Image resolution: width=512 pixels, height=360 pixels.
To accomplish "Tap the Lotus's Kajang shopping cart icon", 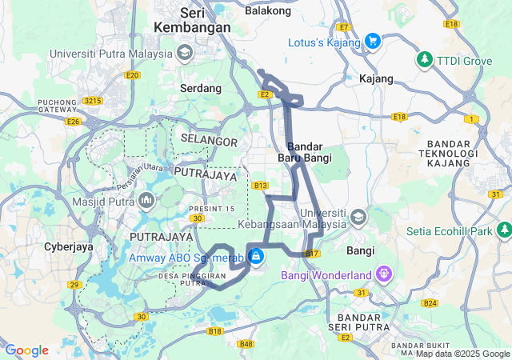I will click(x=372, y=41).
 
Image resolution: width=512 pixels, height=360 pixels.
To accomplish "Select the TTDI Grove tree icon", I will click(x=424, y=59).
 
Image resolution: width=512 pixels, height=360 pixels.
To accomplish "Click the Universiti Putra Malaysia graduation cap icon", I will click(x=186, y=54).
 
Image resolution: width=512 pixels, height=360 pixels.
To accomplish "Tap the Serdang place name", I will click(x=201, y=88).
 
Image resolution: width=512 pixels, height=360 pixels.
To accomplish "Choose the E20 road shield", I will click(x=133, y=75).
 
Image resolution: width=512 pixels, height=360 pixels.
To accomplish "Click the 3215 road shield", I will click(x=94, y=101).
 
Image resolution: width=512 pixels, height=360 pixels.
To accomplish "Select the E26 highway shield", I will click(x=74, y=122).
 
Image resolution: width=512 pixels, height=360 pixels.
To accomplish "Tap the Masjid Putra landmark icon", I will click(x=146, y=199).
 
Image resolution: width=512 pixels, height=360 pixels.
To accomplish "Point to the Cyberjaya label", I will click(x=69, y=246).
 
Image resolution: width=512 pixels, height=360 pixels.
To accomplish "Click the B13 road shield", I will click(x=260, y=186).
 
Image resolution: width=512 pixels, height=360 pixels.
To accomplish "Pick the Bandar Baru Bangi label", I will click(x=304, y=152).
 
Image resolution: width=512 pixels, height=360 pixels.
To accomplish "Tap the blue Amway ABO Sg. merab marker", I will click(x=256, y=257).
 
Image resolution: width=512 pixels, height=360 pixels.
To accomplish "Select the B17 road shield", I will click(x=312, y=254).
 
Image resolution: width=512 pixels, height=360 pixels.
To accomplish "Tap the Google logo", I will click(x=26, y=350).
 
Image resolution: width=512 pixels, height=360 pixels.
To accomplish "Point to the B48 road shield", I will click(x=247, y=344).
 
